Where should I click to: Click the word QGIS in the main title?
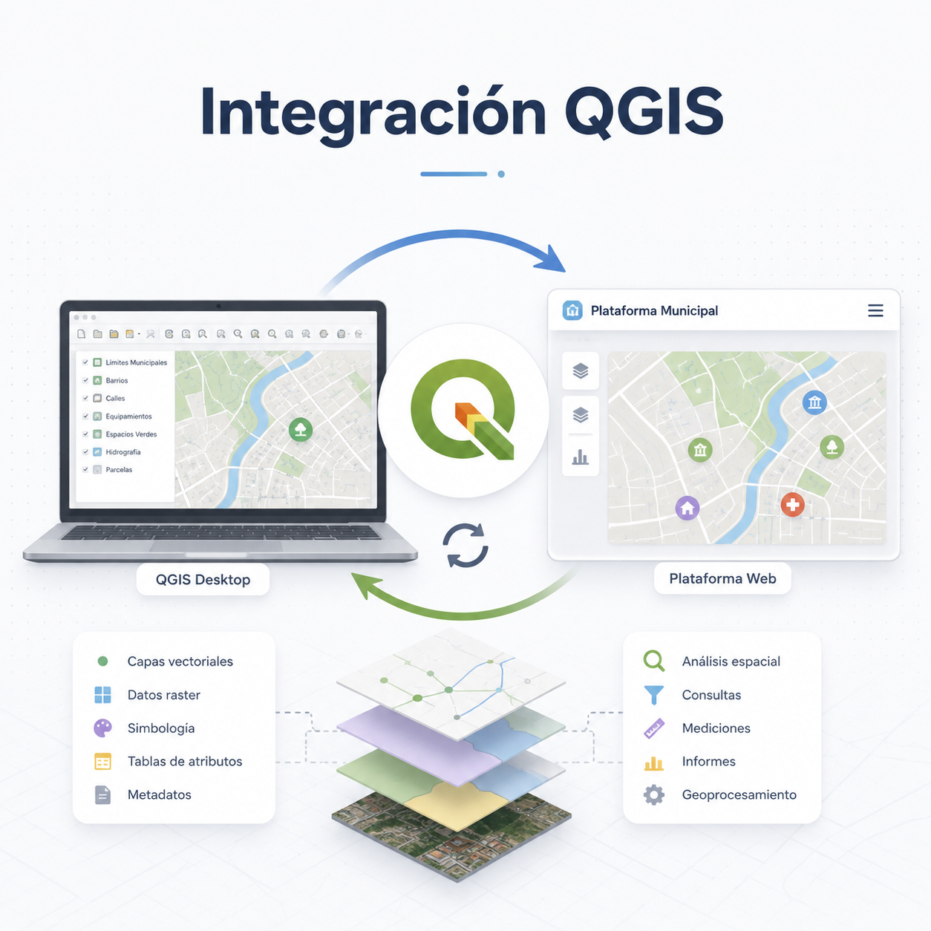click(644, 111)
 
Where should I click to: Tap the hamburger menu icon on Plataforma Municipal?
click(875, 310)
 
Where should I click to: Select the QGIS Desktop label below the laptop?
click(203, 579)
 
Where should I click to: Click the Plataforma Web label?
click(722, 578)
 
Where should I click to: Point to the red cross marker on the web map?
click(792, 505)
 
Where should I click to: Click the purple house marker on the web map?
click(687, 508)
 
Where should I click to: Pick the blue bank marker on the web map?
click(814, 402)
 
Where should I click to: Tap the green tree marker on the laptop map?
click(301, 430)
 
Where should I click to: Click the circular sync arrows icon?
click(465, 545)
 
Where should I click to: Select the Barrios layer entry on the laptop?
click(111, 380)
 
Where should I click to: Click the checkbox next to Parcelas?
click(85, 469)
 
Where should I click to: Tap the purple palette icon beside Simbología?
click(102, 728)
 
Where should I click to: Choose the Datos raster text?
click(164, 695)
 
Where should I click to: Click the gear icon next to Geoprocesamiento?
click(653, 794)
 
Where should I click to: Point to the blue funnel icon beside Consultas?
click(653, 695)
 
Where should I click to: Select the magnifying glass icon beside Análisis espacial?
click(653, 661)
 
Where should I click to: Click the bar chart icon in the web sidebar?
click(581, 457)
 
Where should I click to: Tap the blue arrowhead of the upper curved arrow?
click(552, 259)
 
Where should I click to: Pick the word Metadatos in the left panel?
click(160, 794)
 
